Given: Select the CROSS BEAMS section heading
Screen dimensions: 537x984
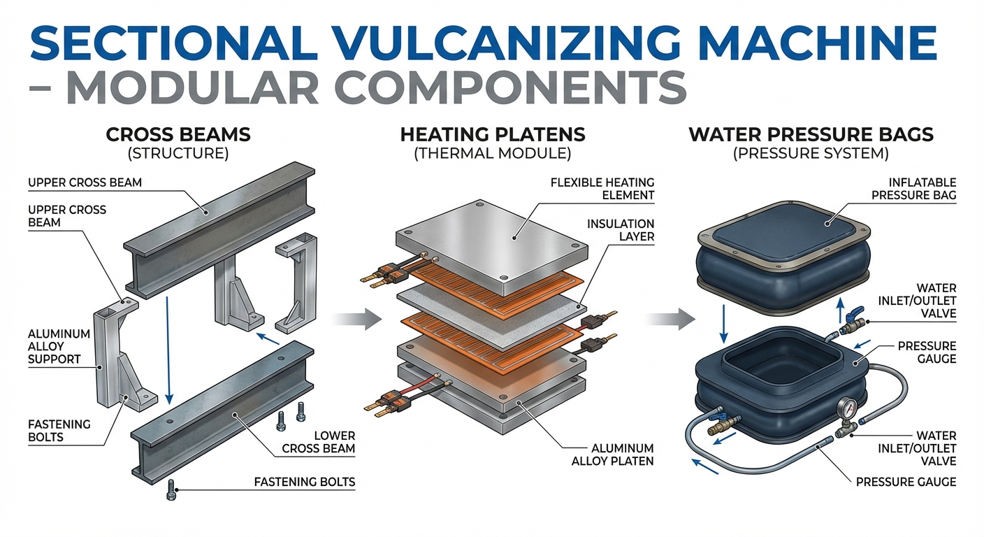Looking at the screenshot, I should tap(178, 134).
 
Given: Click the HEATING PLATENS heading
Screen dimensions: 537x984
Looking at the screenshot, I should tap(492, 134).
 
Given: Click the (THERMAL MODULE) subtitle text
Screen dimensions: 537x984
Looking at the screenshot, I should tap(492, 152).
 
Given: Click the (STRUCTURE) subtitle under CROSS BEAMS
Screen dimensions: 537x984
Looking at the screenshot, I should tap(178, 152).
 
